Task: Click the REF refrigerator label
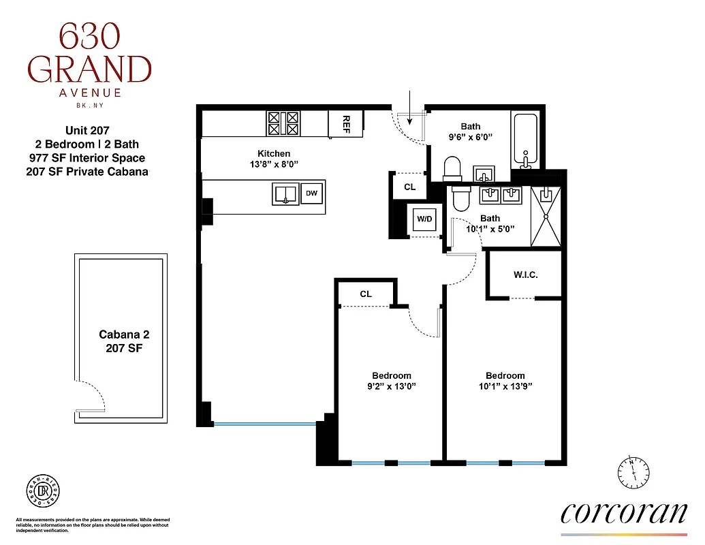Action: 345,123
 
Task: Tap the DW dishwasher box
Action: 311,193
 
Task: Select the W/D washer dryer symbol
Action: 424,219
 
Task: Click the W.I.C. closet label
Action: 525,275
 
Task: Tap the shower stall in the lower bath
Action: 546,215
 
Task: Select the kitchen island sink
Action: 286,194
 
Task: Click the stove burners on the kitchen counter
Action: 283,123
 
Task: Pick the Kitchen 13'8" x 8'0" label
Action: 274,159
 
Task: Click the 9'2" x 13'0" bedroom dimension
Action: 392,386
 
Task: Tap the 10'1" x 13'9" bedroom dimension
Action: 505,386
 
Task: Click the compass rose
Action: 633,471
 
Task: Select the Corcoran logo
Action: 623,512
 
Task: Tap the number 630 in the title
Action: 89,37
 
